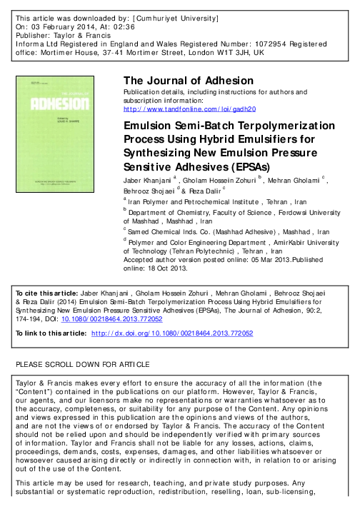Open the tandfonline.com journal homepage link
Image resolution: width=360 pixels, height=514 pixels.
pos(185,109)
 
